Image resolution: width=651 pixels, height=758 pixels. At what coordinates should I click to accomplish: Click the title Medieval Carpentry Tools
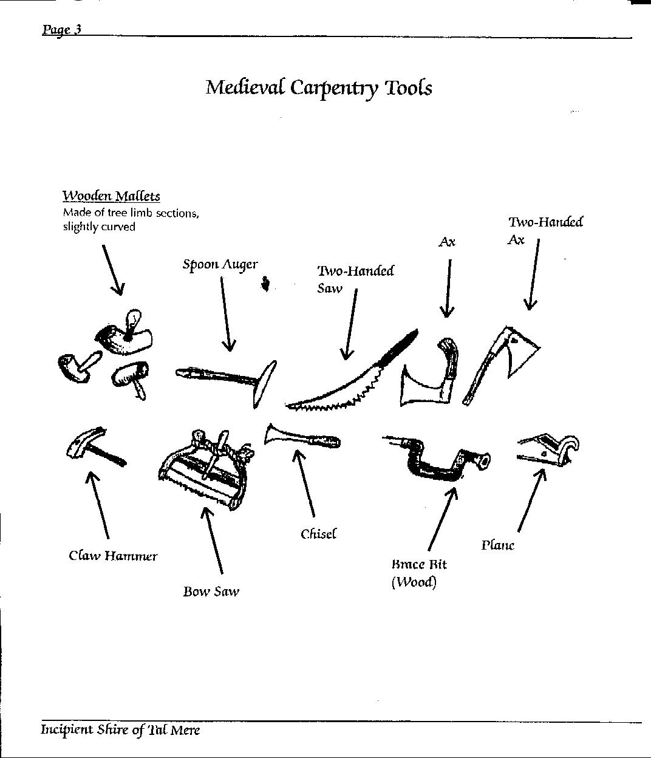click(319, 87)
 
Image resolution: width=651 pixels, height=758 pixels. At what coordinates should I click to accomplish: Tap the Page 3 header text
click(61, 30)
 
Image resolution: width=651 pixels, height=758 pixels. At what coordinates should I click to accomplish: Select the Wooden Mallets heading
click(111, 196)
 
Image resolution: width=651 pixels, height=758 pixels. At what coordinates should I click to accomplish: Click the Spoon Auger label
click(220, 264)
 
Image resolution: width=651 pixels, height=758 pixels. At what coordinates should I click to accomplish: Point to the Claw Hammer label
click(113, 556)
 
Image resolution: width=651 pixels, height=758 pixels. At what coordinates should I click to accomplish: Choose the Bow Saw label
click(211, 591)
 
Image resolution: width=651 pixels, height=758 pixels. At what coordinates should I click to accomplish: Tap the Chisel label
click(318, 534)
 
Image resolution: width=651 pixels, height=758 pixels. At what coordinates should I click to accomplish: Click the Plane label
click(497, 545)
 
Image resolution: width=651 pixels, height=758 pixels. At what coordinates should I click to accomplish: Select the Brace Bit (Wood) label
click(418, 573)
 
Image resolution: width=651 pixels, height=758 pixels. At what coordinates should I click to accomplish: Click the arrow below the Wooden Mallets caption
click(112, 270)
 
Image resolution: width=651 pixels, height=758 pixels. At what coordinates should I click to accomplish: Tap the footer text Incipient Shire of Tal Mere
click(120, 729)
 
